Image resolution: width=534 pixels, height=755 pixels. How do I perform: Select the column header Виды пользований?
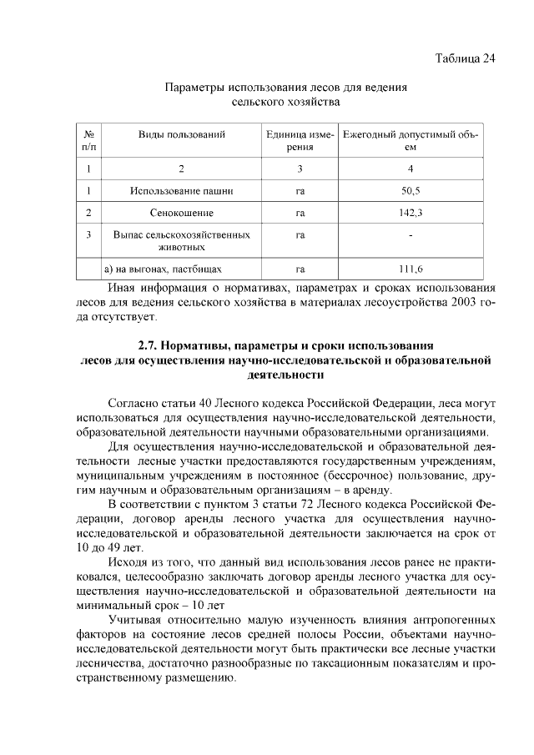[181, 133]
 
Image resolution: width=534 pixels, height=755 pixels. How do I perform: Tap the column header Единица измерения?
[300, 140]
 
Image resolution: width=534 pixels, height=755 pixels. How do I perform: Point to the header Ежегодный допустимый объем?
[410, 140]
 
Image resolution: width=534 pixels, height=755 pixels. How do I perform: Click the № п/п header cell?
[88, 140]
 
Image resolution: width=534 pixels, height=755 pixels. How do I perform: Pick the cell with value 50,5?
[410, 191]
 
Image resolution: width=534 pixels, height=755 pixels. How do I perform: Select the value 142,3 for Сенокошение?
[410, 213]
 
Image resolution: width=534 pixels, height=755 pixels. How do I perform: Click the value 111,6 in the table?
[410, 269]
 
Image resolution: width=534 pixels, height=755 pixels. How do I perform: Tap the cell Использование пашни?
[181, 191]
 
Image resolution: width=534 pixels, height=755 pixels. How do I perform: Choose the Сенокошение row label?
[181, 213]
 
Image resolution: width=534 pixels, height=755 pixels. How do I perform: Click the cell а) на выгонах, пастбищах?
[151, 269]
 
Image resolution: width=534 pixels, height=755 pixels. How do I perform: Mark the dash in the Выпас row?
[410, 235]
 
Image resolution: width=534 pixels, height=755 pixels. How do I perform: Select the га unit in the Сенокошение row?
[300, 213]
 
